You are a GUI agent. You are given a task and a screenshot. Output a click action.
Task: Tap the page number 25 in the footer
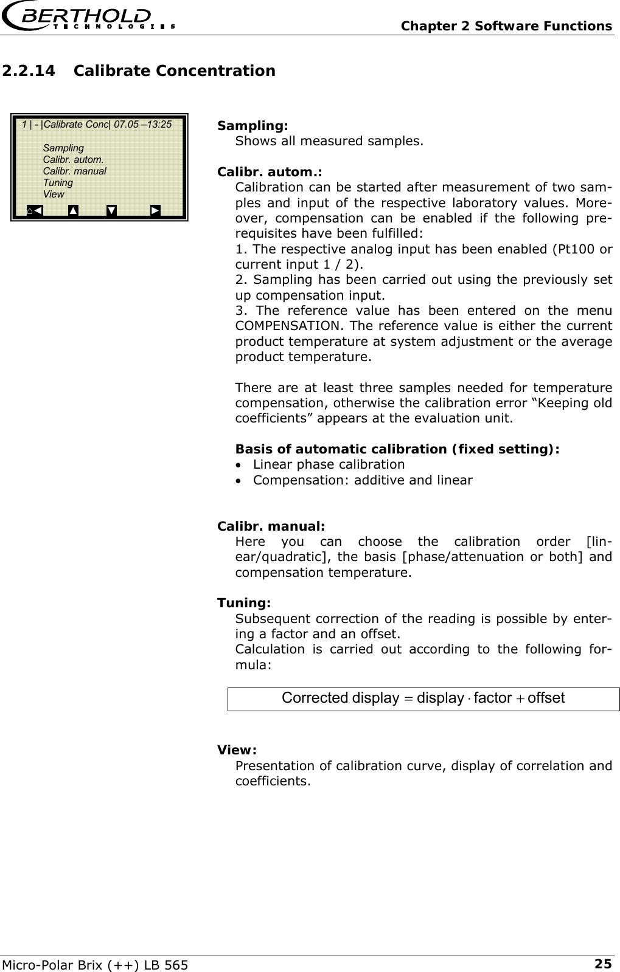click(x=602, y=963)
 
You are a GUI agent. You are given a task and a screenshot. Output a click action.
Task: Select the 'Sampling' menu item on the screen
click(x=63, y=148)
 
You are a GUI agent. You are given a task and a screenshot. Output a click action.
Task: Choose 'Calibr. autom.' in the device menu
click(x=72, y=159)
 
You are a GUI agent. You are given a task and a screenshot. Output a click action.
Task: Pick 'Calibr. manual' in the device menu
click(x=74, y=171)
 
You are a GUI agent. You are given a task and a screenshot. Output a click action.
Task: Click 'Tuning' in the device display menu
click(x=58, y=182)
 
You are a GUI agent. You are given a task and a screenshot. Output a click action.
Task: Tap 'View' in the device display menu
click(x=54, y=194)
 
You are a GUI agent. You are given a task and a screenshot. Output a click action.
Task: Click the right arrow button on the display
click(x=156, y=210)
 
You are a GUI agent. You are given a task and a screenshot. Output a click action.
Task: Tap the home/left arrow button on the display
click(x=35, y=210)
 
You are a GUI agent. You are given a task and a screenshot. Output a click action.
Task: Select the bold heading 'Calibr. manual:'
click(x=271, y=526)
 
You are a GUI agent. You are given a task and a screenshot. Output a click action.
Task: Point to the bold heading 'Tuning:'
click(x=244, y=603)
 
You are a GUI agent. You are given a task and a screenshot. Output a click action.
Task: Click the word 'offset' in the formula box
click(x=546, y=698)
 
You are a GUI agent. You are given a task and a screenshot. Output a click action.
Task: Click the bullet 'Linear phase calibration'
click(x=329, y=464)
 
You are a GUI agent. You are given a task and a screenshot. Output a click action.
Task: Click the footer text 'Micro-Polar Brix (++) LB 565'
click(x=94, y=963)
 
